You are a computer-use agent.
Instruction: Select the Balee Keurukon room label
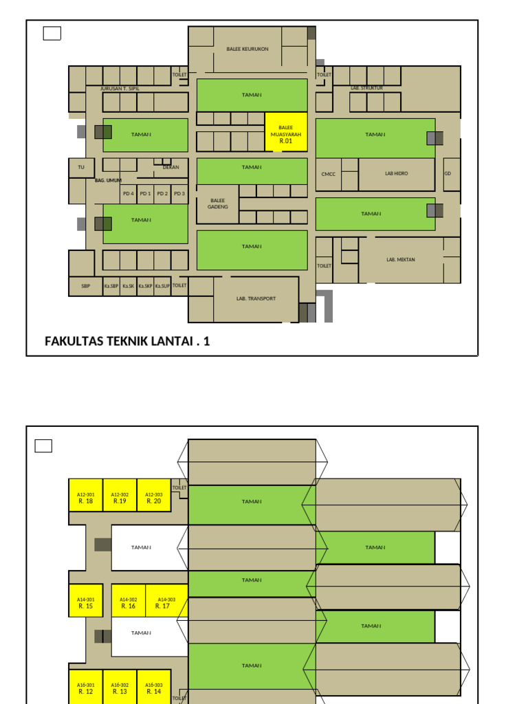tap(247, 49)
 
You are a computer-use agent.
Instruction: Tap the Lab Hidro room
tap(396, 174)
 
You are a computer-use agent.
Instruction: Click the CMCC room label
tap(328, 175)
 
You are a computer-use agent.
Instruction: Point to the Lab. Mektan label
tap(400, 260)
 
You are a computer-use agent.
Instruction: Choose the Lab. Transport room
tap(256, 299)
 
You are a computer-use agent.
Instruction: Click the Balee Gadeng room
tap(217, 203)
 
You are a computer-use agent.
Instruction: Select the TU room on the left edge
tap(80, 167)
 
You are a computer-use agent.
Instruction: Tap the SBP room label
tap(85, 286)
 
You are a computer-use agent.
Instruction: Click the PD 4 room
tap(129, 194)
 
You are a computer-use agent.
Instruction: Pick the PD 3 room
tap(179, 194)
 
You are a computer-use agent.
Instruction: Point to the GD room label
tap(448, 173)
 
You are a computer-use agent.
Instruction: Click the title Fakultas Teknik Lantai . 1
tap(127, 341)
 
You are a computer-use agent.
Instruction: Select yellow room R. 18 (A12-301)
tap(86, 498)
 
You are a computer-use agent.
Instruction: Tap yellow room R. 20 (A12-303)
tap(154, 498)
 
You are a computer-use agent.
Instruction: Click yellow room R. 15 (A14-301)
tap(86, 603)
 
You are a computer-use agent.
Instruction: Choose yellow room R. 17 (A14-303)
tap(163, 603)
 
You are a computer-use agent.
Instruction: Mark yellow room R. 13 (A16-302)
tap(120, 688)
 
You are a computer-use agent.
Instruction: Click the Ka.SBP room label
tap(111, 286)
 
